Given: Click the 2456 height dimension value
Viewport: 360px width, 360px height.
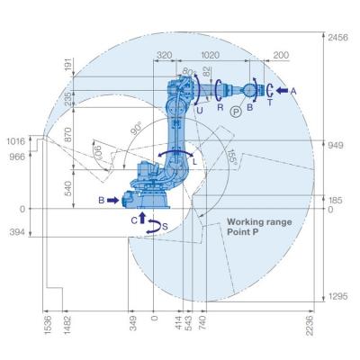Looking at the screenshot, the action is (x=338, y=38).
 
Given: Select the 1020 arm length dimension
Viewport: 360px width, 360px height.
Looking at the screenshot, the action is (x=210, y=55).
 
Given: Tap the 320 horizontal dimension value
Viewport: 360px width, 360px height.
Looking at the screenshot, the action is (x=165, y=55).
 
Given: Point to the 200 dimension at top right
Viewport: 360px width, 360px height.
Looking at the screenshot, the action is (x=281, y=55).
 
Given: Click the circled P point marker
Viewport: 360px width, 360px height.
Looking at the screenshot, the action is (x=236, y=112).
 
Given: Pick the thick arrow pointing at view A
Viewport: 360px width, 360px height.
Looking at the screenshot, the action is (x=282, y=90).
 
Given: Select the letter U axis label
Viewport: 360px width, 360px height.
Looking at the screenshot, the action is (x=200, y=111).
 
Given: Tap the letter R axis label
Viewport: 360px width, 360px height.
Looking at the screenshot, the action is (x=220, y=107).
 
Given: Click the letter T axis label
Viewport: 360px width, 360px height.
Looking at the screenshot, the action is (x=269, y=103).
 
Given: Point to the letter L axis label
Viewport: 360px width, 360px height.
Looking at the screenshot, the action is (x=194, y=162).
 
